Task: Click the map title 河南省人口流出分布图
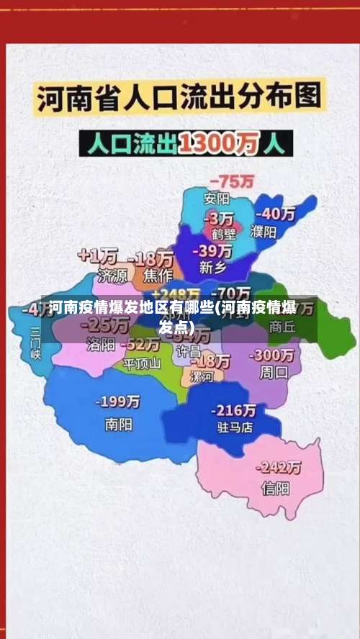(179, 99)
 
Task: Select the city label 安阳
(216, 198)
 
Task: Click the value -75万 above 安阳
(231, 181)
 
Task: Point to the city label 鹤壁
(222, 234)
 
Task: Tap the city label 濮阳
(264, 232)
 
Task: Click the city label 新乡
(212, 268)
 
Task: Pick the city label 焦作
(158, 275)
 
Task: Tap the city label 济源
(112, 275)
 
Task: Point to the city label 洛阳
(101, 345)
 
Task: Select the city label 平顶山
(142, 363)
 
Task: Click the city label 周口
(274, 373)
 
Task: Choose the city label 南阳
(118, 425)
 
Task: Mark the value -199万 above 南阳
(119, 402)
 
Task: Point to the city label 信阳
(275, 489)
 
